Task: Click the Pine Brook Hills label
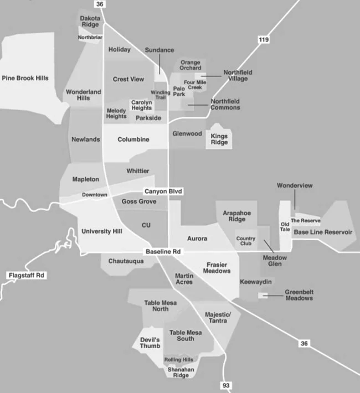25,78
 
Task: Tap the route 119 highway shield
264,39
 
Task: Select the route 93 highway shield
225,385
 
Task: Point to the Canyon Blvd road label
163,192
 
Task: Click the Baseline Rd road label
163,252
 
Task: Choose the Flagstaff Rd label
25,275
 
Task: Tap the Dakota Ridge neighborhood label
90,22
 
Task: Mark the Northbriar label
90,38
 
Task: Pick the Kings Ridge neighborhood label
219,139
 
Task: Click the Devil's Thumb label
150,343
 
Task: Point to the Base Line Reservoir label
323,232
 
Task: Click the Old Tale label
285,227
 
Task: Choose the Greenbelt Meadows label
299,295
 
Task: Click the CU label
146,226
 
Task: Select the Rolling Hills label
179,359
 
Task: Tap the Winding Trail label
161,95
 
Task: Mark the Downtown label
95,195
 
